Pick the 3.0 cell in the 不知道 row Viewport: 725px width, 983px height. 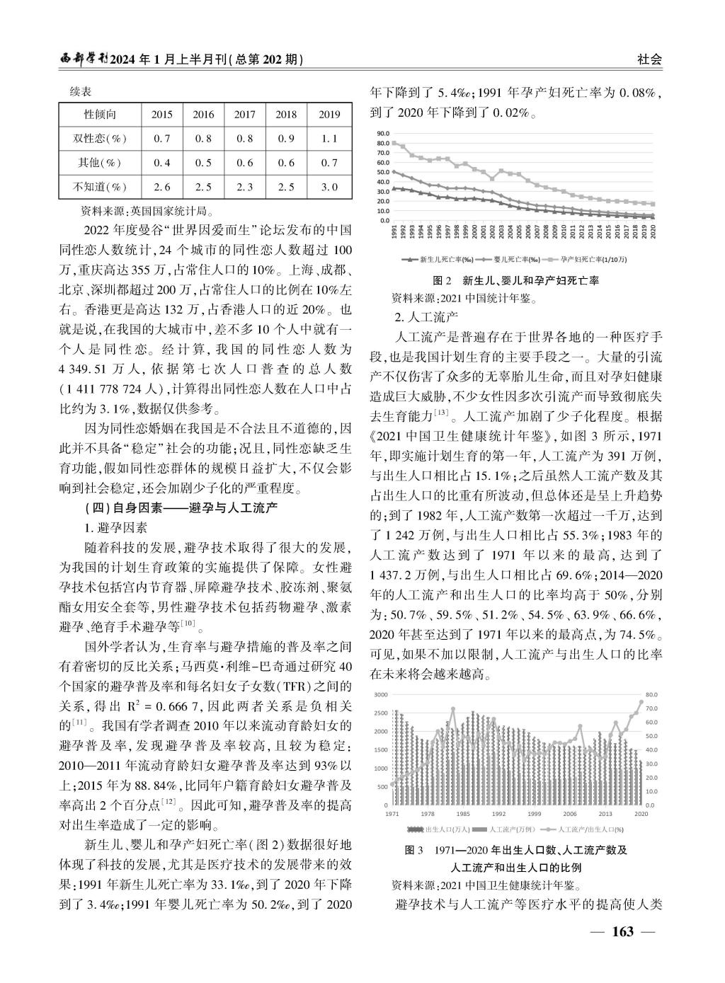(329, 187)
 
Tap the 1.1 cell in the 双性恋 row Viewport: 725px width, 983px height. (329, 139)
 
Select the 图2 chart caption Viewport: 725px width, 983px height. (516, 281)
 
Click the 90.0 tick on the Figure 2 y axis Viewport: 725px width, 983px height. (383, 133)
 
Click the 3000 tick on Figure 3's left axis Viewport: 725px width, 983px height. (381, 694)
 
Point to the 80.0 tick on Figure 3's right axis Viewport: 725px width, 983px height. (652, 694)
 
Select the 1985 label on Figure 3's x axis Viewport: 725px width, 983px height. (462, 814)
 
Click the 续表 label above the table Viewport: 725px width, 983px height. (80, 92)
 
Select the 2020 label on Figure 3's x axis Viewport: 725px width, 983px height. (641, 814)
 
